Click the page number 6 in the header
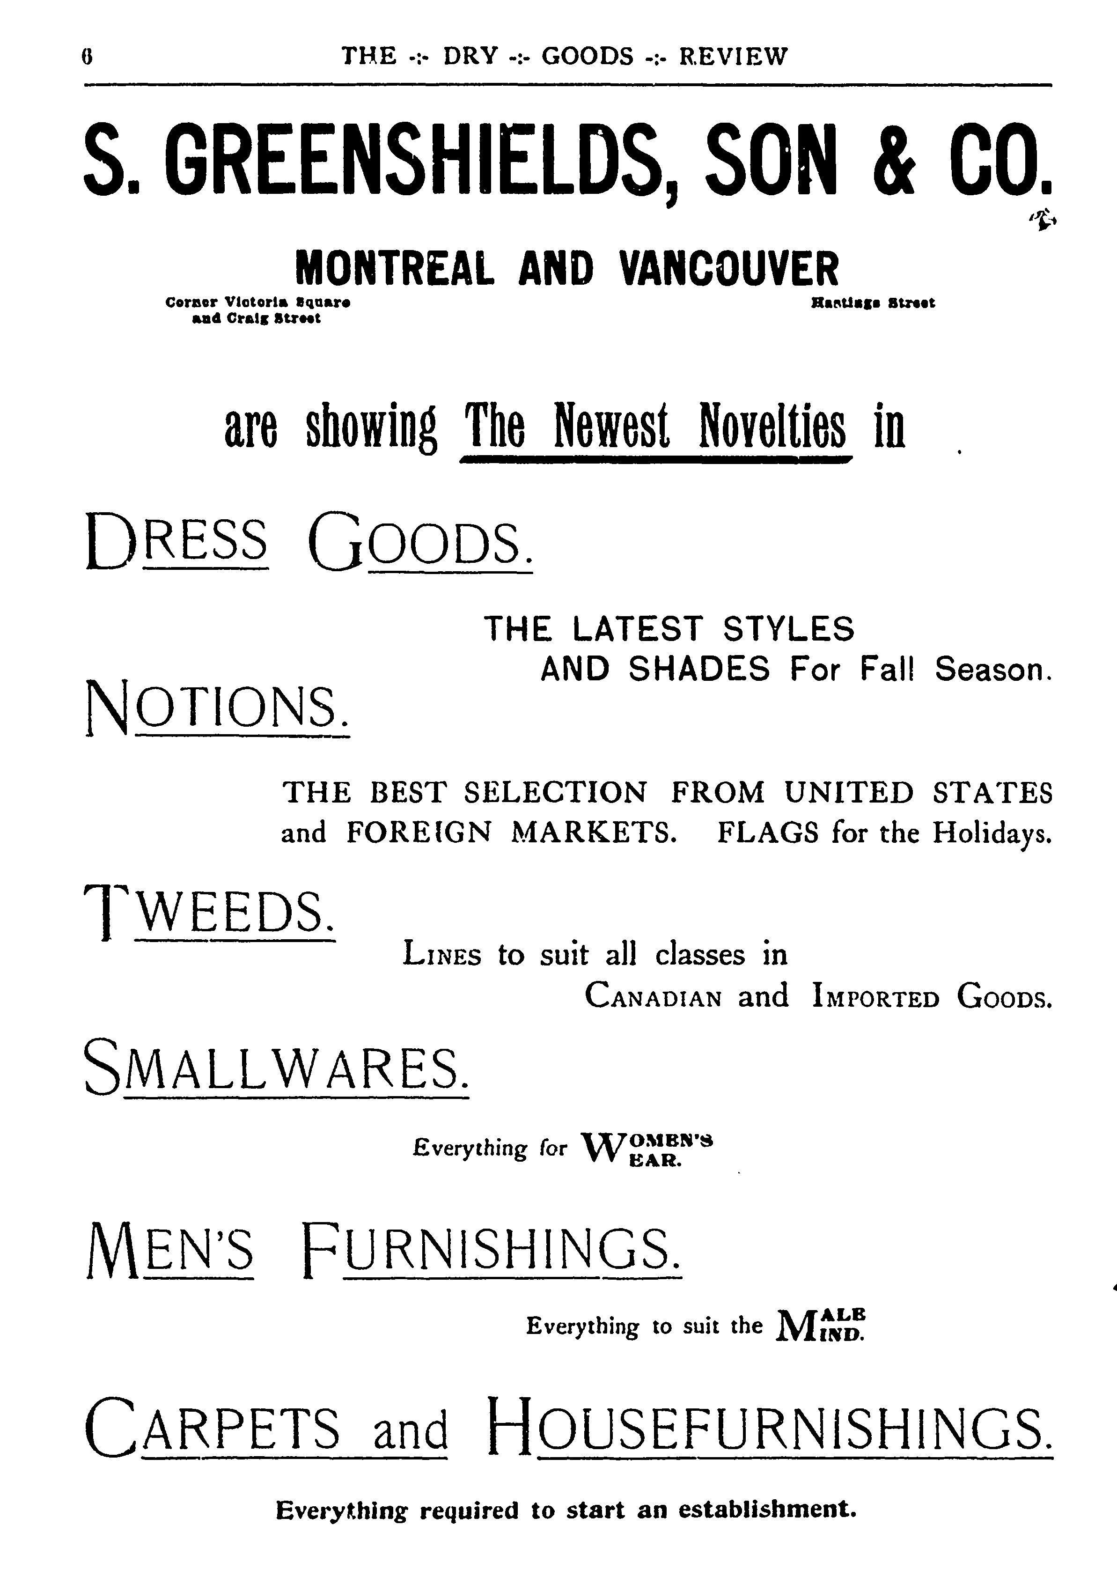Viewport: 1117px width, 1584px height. point(87,56)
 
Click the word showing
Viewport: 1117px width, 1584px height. point(370,428)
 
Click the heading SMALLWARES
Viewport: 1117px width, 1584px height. point(276,1066)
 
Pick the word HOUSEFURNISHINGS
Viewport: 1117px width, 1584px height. point(769,1426)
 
